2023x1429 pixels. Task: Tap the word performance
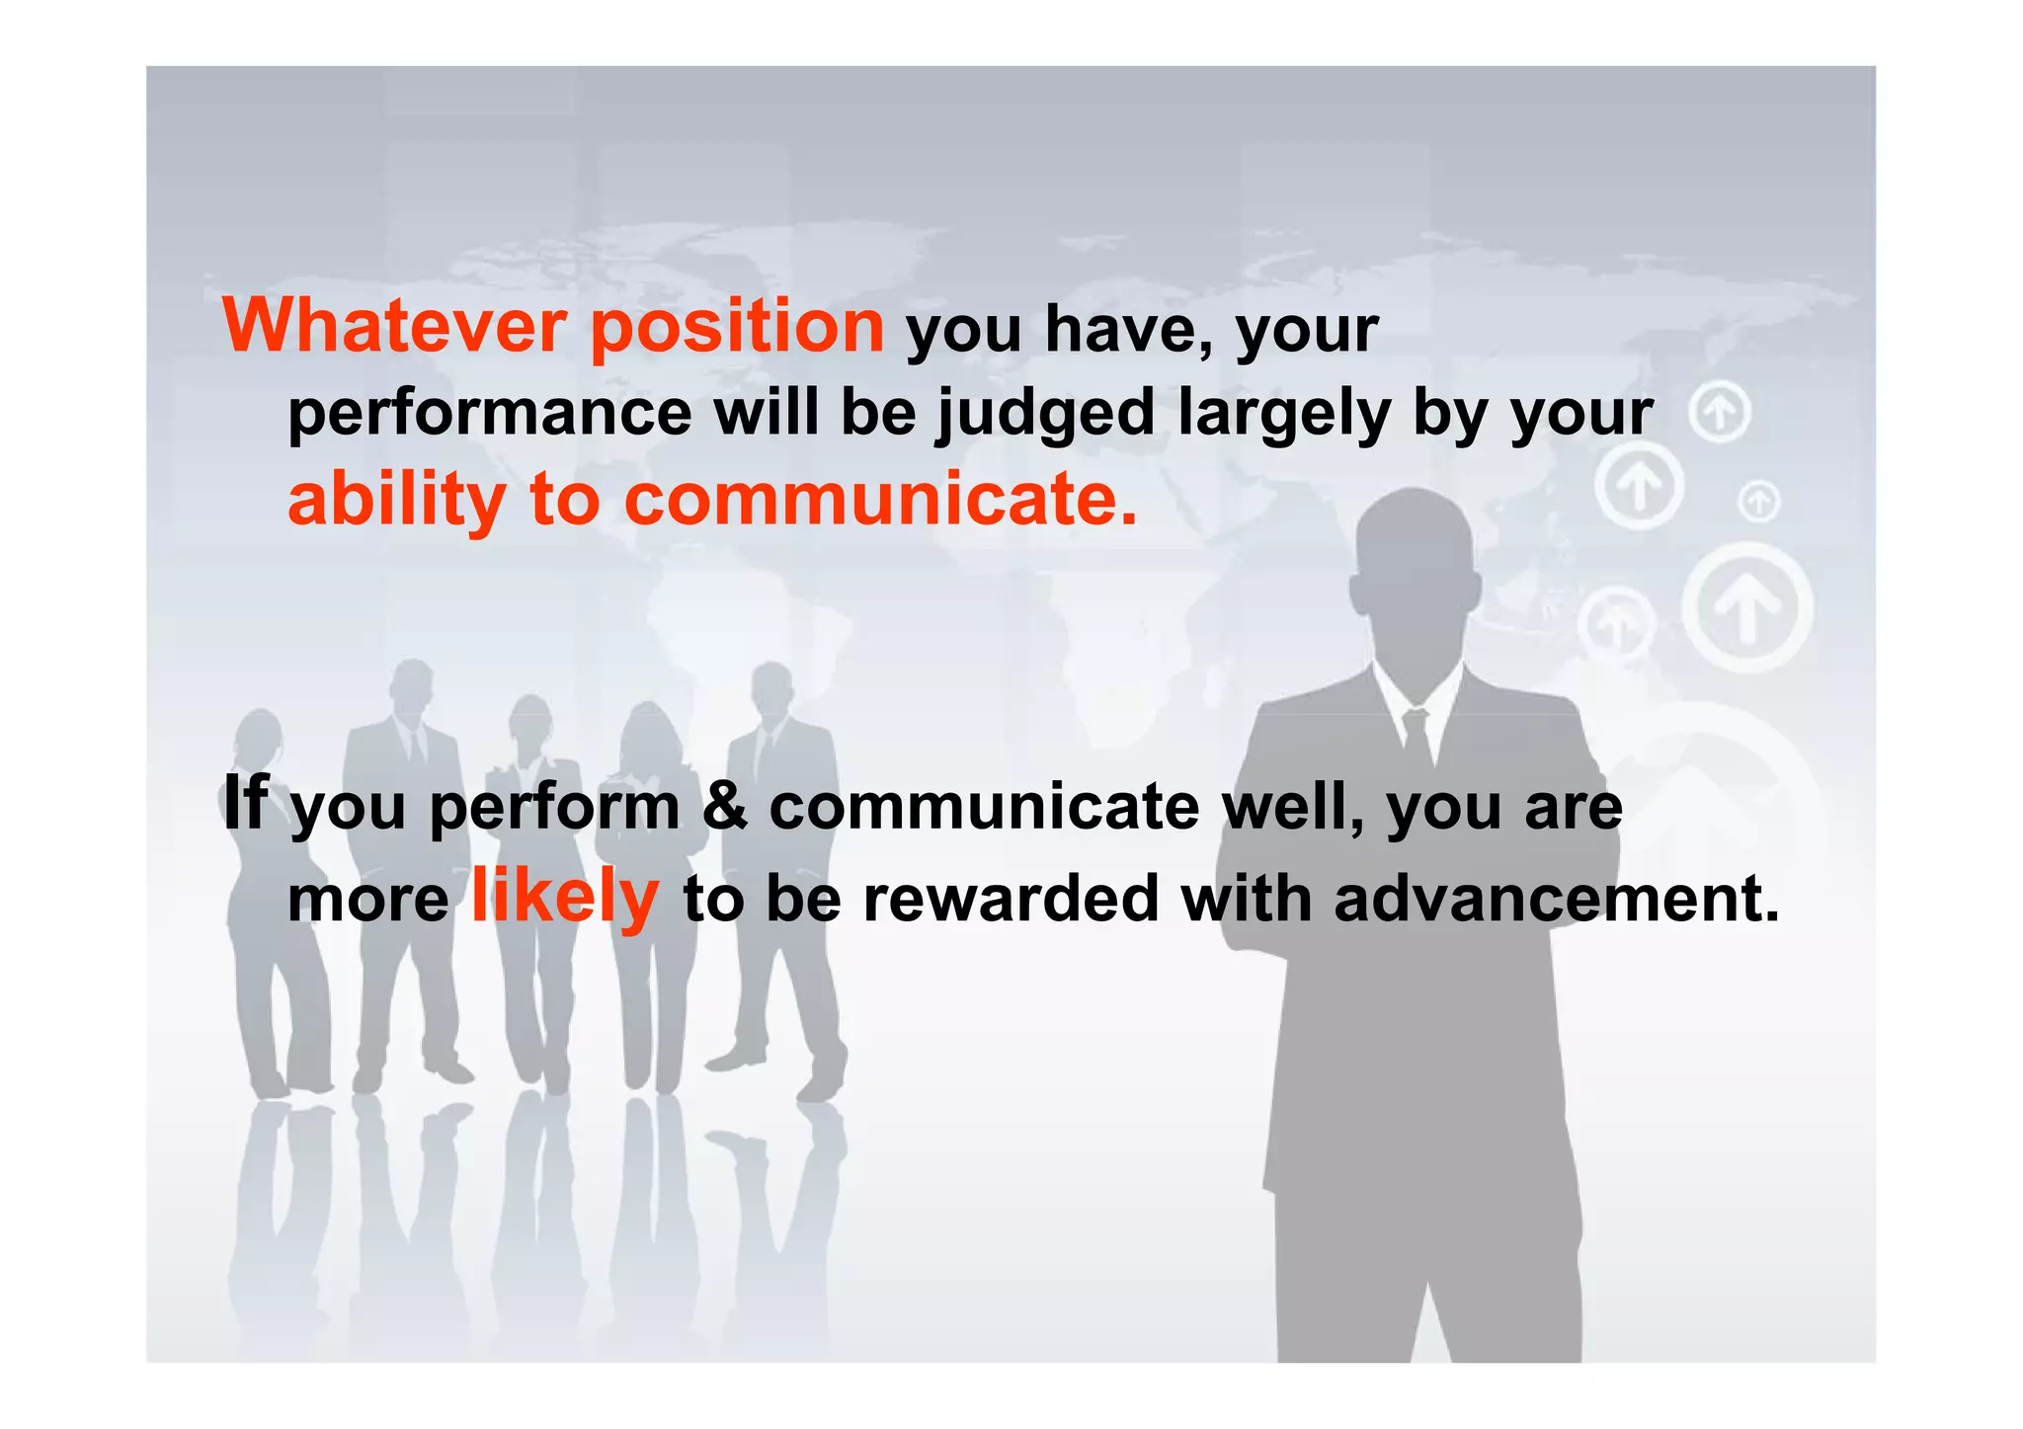point(490,413)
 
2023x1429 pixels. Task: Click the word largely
point(1284,415)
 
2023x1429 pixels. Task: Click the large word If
point(246,802)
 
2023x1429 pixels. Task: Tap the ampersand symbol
point(725,806)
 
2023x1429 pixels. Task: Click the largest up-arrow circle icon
point(1746,606)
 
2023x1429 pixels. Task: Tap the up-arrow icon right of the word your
point(1720,414)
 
